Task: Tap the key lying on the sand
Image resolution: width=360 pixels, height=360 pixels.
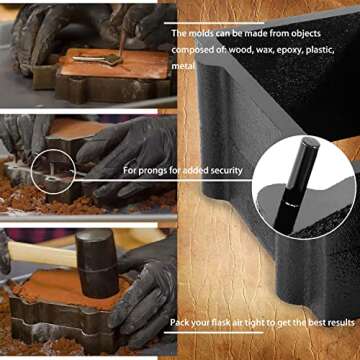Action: [100, 59]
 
